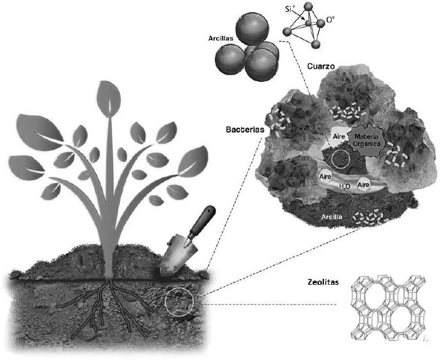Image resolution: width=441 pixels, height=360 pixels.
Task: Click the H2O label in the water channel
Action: tap(344, 187)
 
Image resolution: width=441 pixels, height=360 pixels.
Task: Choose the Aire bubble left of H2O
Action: tap(325, 177)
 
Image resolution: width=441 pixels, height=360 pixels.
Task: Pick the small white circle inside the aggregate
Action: tap(340, 159)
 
